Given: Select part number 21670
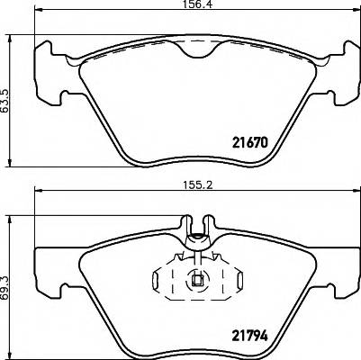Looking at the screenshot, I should click(252, 143).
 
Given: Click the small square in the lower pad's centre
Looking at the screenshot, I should click(195, 280).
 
